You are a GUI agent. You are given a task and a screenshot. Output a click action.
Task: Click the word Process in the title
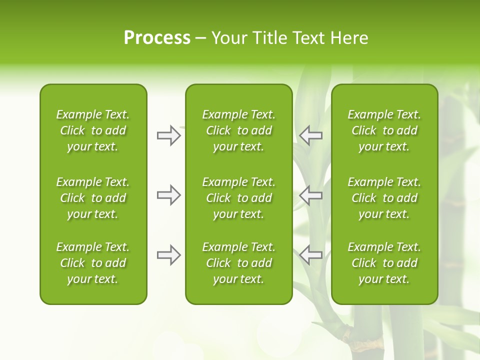pyautogui.click(x=157, y=38)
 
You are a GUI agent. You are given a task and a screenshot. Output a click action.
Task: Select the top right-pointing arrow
pyautogui.click(x=168, y=135)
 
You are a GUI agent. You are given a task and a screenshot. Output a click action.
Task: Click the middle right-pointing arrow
pyautogui.click(x=168, y=195)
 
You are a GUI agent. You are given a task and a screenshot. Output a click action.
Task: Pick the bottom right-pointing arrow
pyautogui.click(x=168, y=255)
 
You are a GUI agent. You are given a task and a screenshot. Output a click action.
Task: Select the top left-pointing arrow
pyautogui.click(x=311, y=135)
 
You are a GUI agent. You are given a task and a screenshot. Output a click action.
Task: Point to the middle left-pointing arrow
pyautogui.click(x=311, y=195)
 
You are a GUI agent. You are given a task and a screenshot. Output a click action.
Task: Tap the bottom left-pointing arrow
pyautogui.click(x=311, y=255)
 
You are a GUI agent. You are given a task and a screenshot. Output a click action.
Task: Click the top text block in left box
pyautogui.click(x=93, y=130)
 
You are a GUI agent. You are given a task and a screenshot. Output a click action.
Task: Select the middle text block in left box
pyautogui.click(x=93, y=198)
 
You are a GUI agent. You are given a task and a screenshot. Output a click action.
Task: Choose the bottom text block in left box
pyautogui.click(x=93, y=263)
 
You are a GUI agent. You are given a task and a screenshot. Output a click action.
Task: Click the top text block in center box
pyautogui.click(x=238, y=130)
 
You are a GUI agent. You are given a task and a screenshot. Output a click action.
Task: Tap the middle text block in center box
pyautogui.click(x=238, y=198)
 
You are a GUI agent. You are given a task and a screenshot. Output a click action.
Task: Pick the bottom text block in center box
pyautogui.click(x=238, y=263)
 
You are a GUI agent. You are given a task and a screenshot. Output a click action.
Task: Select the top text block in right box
pyautogui.click(x=384, y=130)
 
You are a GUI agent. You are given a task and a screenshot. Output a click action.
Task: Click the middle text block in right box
pyautogui.click(x=384, y=198)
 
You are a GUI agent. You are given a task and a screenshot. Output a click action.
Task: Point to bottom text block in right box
pyautogui.click(x=384, y=263)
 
